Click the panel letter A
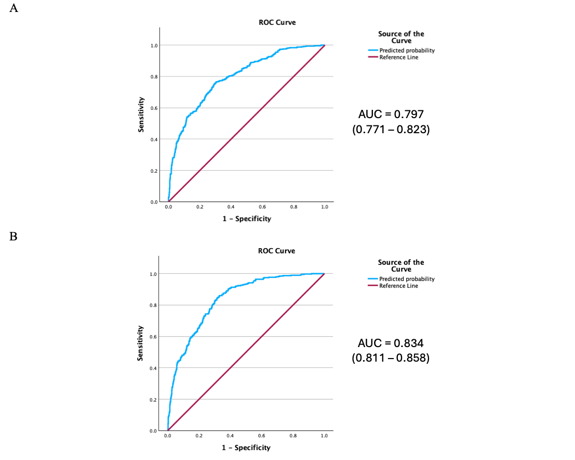click(x=14, y=9)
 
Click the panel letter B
click(x=14, y=237)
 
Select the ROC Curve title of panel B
click(x=276, y=251)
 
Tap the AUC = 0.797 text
click(x=391, y=114)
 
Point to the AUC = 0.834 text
click(x=391, y=343)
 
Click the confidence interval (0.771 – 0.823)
click(x=391, y=130)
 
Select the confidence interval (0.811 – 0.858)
click(x=391, y=359)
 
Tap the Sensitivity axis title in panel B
click(x=140, y=343)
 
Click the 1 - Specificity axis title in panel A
click(x=247, y=219)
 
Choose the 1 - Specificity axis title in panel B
click(x=247, y=448)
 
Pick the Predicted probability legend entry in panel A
click(x=407, y=50)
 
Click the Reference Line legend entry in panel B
click(x=398, y=286)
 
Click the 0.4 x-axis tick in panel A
click(x=231, y=207)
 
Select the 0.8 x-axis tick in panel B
click(x=293, y=436)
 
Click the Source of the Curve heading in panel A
click(x=401, y=37)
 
